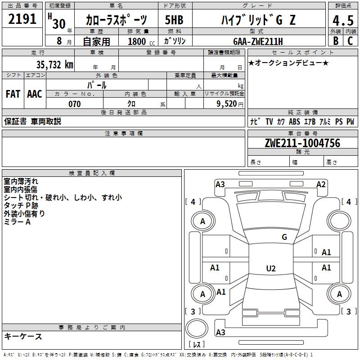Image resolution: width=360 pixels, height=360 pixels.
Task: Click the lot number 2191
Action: coord(22,19)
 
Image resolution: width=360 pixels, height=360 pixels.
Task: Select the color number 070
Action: coord(74,104)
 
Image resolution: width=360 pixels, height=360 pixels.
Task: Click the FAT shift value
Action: coord(13,94)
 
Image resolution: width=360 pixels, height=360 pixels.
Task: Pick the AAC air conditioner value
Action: coord(35,94)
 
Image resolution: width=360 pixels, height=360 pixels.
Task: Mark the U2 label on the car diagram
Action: coord(270,269)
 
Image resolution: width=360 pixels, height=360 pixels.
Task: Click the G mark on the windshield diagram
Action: coord(284,237)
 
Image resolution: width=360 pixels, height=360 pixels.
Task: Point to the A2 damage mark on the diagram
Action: coord(321,184)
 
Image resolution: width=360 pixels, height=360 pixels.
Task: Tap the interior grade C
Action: coord(350,40)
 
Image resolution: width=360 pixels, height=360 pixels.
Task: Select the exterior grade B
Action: coord(335,40)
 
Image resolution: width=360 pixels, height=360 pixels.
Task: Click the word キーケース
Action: coord(23,337)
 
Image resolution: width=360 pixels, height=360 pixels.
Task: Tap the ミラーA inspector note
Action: coord(17,222)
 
